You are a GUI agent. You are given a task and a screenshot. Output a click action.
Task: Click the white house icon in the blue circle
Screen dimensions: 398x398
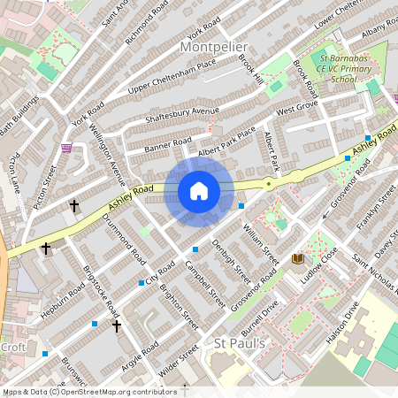[199, 191]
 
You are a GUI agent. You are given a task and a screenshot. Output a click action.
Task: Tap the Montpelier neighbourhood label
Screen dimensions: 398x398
[218, 46]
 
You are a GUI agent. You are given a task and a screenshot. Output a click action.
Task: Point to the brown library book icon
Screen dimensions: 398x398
[297, 258]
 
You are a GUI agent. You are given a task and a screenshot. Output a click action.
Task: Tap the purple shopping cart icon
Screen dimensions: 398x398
[65, 149]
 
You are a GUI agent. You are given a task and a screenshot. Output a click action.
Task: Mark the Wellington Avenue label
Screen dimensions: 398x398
[104, 154]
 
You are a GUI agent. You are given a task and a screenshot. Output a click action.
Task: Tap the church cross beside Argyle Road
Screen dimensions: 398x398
[116, 326]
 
